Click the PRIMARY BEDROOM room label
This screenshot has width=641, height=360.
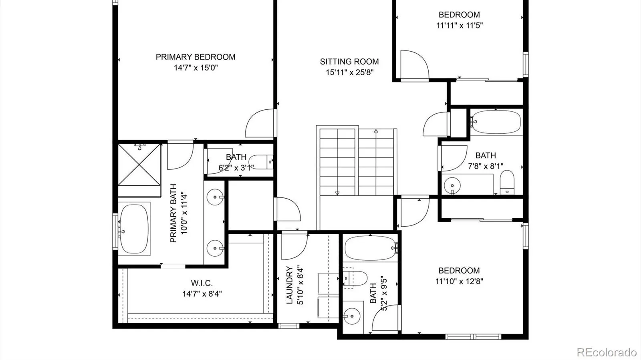pos(196,57)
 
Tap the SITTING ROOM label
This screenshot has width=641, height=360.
pos(349,62)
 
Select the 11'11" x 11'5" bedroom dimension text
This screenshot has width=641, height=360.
pos(459,26)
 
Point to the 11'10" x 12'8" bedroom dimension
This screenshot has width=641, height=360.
pos(459,282)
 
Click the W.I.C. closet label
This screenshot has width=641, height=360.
pos(202,283)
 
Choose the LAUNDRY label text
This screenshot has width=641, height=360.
pos(290,285)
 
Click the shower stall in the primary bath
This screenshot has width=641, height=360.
pos(139,165)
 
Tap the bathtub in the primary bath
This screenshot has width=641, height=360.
pos(134,229)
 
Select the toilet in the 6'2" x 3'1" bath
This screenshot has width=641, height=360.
pos(261,162)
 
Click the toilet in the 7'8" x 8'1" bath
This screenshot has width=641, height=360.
pos(507,183)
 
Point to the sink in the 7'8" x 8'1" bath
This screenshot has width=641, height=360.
pos(452,185)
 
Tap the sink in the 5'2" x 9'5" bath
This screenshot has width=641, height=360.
pos(352,316)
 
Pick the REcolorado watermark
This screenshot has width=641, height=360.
pos(607,352)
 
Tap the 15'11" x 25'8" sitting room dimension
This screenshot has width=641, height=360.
pos(349,72)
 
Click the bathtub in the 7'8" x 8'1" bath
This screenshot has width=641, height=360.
pos(496,122)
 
